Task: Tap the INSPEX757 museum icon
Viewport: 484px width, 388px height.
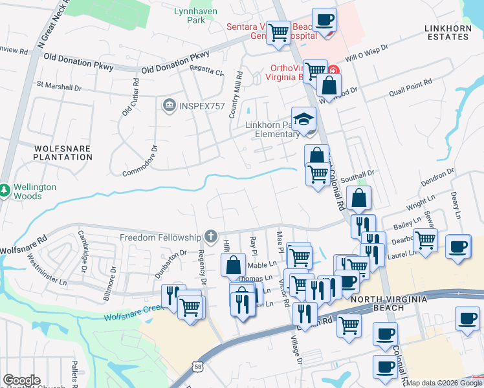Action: [x=170, y=104]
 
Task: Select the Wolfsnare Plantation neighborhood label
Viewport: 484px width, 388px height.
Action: [x=63, y=153]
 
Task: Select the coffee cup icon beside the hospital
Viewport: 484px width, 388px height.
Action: [x=324, y=19]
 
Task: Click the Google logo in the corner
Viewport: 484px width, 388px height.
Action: [x=21, y=380]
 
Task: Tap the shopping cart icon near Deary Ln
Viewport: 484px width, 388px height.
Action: [x=424, y=241]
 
